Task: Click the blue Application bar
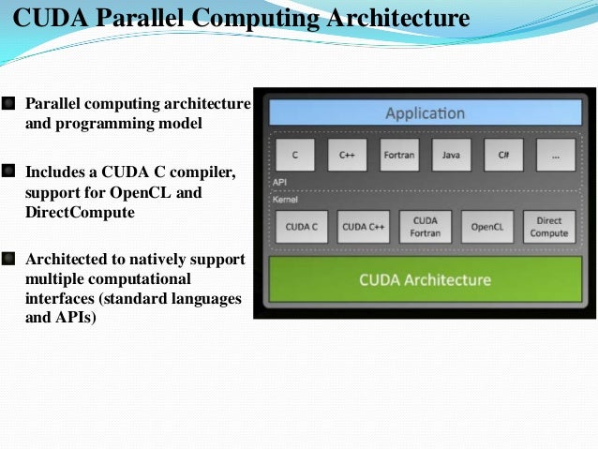tap(425, 113)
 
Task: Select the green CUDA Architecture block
tap(425, 279)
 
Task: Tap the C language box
tap(294, 155)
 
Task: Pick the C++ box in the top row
tap(347, 155)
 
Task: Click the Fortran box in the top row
tap(399, 155)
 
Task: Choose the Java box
tap(451, 155)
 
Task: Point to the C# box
tap(503, 155)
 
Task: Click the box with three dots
tap(556, 155)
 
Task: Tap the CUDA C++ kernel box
tap(362, 226)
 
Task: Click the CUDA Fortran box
tap(425, 226)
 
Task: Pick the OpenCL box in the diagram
tap(487, 226)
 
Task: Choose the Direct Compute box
tap(550, 226)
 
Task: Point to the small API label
tap(279, 182)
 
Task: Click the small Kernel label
tap(284, 199)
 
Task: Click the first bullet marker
tap(9, 102)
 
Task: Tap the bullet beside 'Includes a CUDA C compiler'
tap(9, 172)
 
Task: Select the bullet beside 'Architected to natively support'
tap(9, 258)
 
